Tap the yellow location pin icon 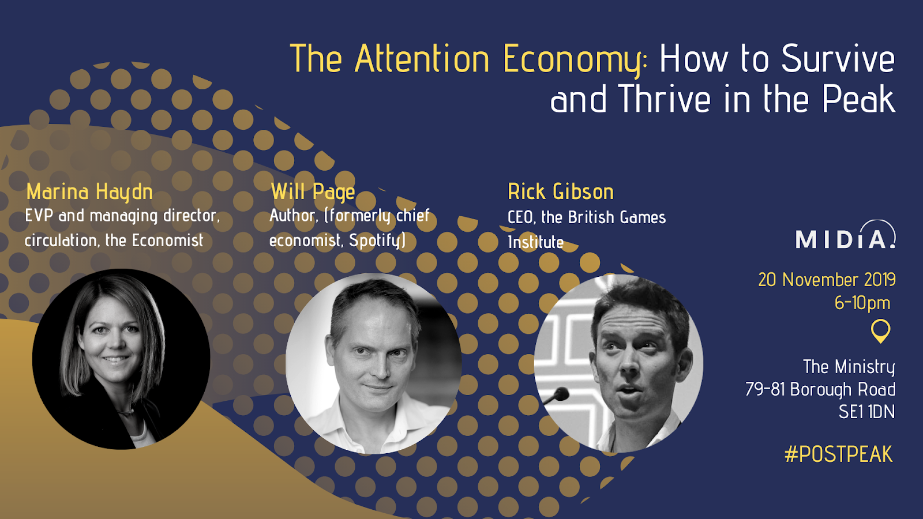pyautogui.click(x=880, y=331)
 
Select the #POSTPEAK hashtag pyautogui.click(x=839, y=454)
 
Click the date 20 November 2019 pyautogui.click(x=827, y=280)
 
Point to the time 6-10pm pyautogui.click(x=862, y=303)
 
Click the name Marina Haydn pyautogui.click(x=89, y=192)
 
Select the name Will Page pyautogui.click(x=313, y=192)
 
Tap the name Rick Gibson pyautogui.click(x=561, y=191)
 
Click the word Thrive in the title pyautogui.click(x=664, y=99)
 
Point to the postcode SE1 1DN pyautogui.click(x=867, y=412)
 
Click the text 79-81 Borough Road pyautogui.click(x=820, y=389)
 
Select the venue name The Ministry pyautogui.click(x=849, y=367)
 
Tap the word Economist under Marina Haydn pyautogui.click(x=168, y=240)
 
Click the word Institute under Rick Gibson pyautogui.click(x=536, y=242)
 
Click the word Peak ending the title pyautogui.click(x=859, y=99)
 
